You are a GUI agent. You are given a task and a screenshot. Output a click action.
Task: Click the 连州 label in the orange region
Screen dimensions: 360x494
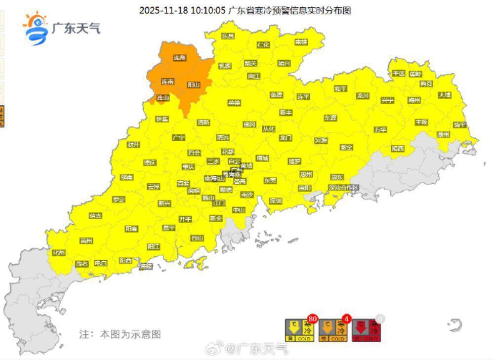point(179,58)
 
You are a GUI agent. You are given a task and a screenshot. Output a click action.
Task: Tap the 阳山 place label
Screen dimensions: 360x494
point(194,85)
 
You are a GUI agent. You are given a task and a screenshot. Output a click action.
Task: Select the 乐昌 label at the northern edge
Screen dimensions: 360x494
point(228,36)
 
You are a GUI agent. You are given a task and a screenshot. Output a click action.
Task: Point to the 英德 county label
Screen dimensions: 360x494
point(234,103)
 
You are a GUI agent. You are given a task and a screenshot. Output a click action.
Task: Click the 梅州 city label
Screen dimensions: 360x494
point(414,100)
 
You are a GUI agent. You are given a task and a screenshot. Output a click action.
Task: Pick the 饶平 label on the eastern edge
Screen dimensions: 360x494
point(460,124)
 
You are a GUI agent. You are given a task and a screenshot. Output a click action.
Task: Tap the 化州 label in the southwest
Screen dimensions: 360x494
point(59,253)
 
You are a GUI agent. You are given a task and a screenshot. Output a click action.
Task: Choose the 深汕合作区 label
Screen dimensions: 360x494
point(343,188)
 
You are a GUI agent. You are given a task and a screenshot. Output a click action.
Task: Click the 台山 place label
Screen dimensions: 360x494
point(197,238)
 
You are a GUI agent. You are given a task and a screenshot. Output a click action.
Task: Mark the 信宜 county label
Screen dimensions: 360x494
point(96,216)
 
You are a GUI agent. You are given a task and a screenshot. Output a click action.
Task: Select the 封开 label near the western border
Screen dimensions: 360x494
point(133,145)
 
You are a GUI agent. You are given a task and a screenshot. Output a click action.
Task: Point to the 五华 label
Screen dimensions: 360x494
point(380,129)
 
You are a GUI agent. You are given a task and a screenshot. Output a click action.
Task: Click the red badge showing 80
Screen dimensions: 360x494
point(312,319)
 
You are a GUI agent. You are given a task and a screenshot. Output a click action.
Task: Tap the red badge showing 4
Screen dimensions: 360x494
point(346,319)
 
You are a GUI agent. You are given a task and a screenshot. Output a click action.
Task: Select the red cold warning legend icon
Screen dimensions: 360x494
point(366,330)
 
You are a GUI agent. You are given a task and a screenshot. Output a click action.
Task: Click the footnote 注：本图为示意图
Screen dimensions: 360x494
point(120,334)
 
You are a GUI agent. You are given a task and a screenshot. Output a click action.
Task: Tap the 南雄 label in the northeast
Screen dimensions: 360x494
point(301,42)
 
